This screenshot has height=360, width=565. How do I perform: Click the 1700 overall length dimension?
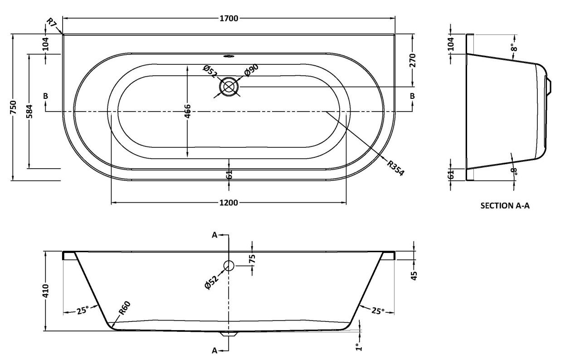pos(229,19)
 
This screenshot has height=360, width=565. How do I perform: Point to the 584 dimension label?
pos(29,111)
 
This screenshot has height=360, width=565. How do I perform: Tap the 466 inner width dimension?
pos(188,111)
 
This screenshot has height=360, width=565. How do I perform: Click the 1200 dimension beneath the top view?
pos(229,203)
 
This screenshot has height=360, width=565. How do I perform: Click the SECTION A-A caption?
pos(505,205)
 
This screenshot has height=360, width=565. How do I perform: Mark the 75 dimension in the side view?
pos(253,259)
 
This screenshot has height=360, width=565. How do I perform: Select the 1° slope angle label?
pos(358,347)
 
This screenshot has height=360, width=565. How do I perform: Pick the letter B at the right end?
pos(412,96)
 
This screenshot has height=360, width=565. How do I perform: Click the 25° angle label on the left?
pos(82,311)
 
